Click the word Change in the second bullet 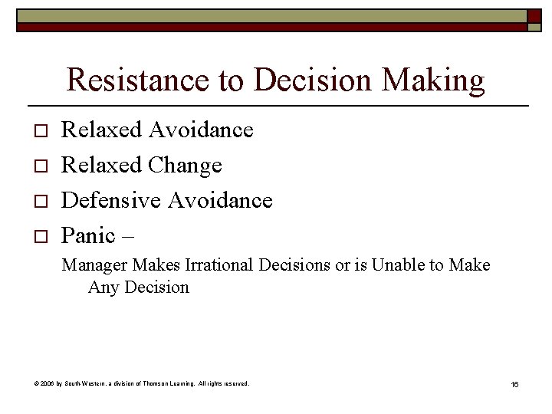coord(186,165)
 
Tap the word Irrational coord(219,265)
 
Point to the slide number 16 coord(514,383)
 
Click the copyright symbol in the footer coord(38,383)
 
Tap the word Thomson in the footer coord(164,383)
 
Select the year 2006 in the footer coord(48,383)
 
